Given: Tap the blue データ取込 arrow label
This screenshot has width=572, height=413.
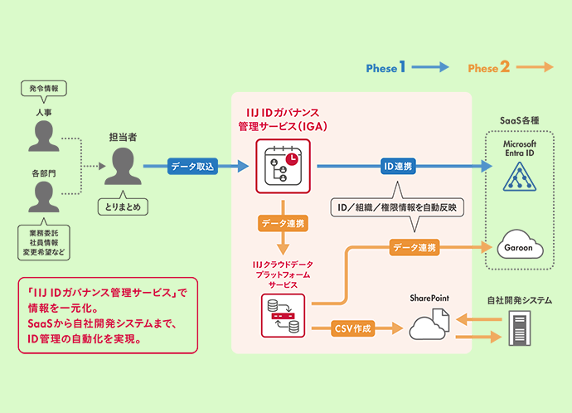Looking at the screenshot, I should pos(192,167).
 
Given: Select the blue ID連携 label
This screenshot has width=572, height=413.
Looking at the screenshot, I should pos(397,167).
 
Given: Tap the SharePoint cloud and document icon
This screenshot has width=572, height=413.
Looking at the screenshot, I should pos(429,326).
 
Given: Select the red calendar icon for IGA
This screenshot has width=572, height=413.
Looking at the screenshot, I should pos(283,167).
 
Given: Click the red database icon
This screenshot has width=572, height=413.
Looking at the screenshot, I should pos(283,315).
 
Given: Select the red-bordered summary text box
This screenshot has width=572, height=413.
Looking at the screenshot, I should pos(107,315).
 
